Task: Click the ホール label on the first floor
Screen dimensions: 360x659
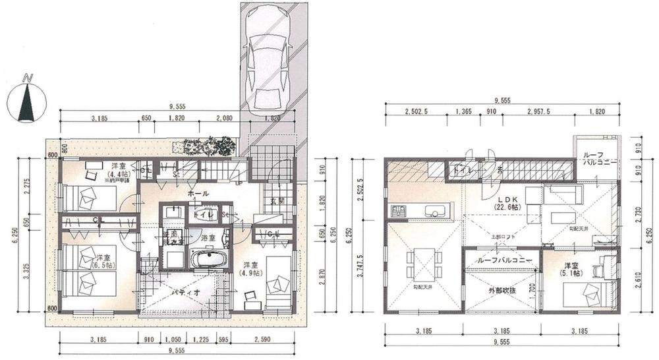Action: tap(198, 194)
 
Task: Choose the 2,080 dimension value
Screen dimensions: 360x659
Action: tap(224, 119)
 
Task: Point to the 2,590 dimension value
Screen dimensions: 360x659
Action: tap(269, 340)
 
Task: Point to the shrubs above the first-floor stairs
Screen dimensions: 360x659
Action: tap(210, 146)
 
